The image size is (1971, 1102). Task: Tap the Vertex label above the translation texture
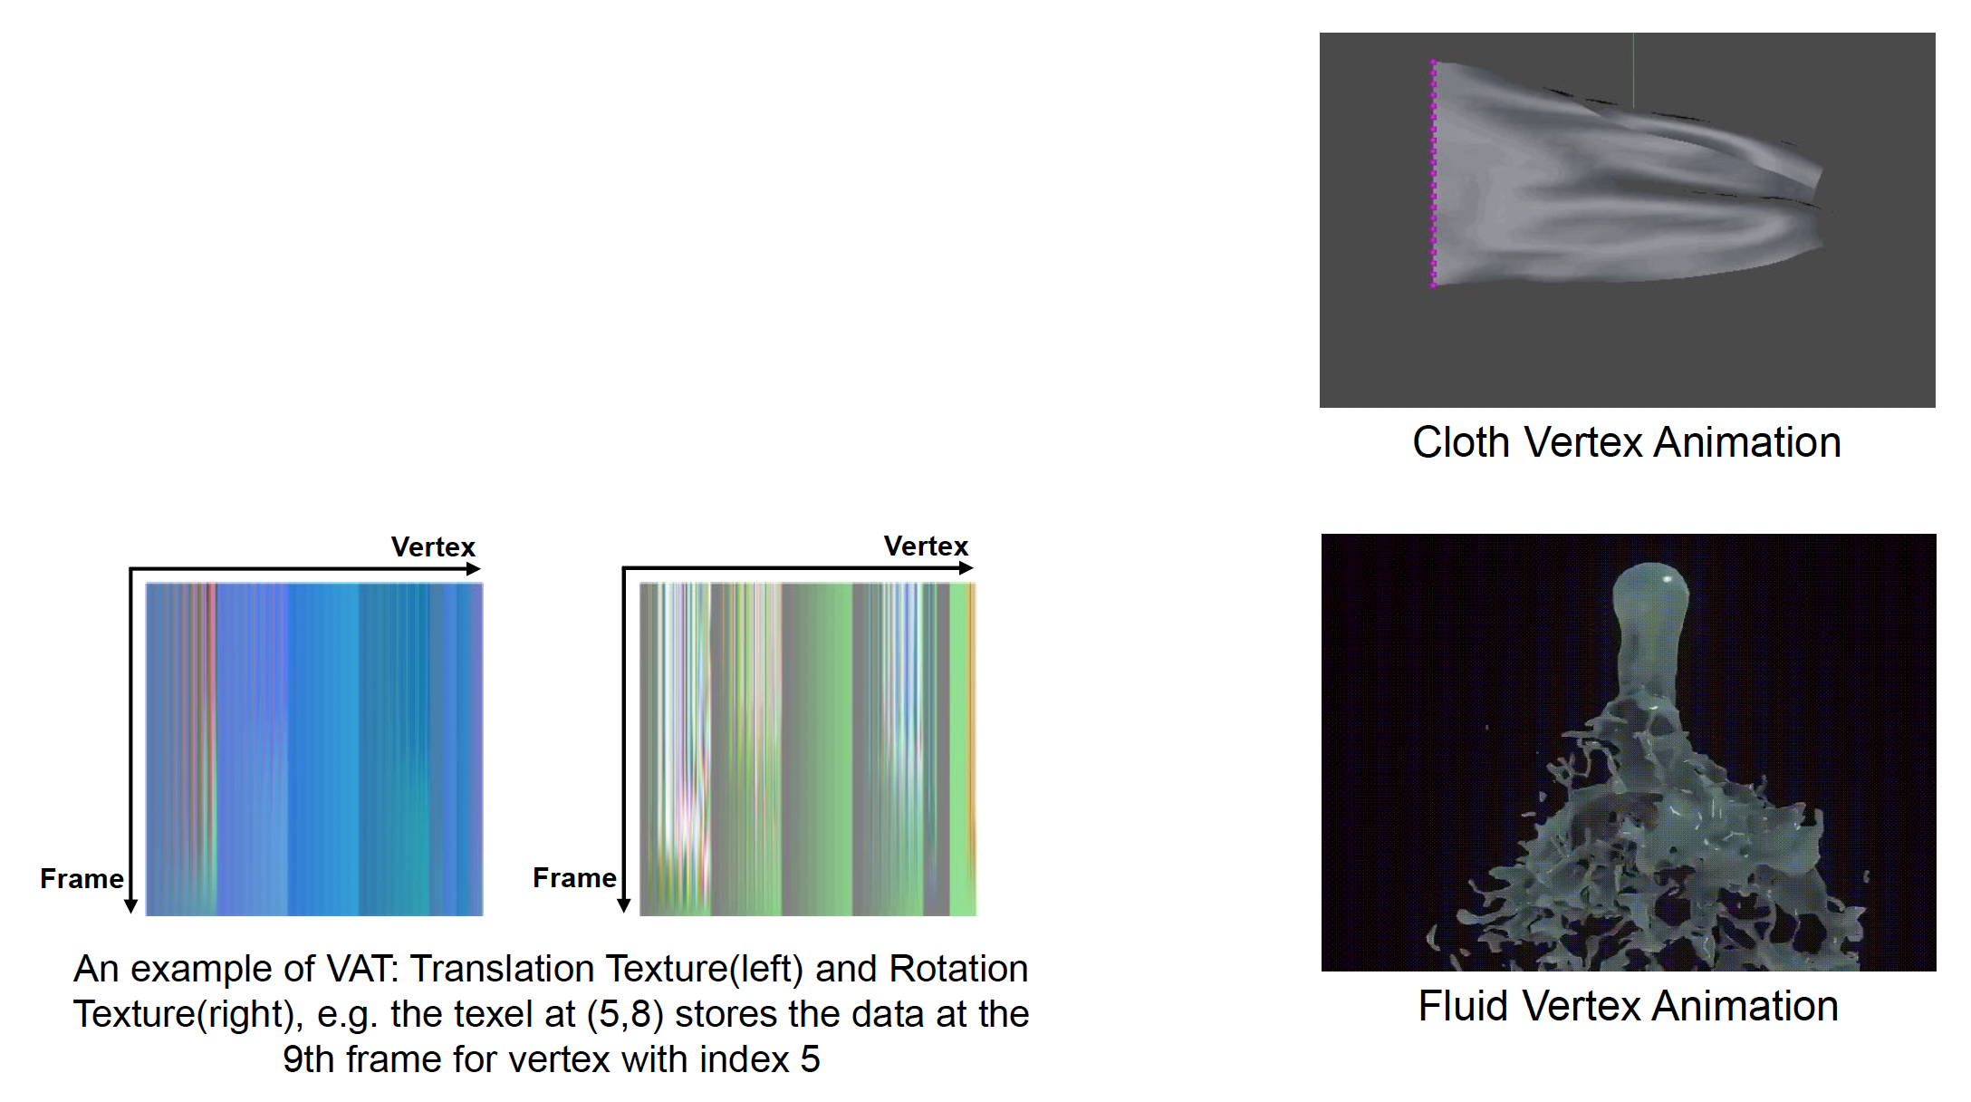[433, 546]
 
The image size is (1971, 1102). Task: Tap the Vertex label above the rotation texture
[926, 546]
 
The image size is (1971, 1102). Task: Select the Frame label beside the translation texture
[82, 878]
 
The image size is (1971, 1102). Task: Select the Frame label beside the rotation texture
[574, 877]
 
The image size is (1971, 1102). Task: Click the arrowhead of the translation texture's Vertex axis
[474, 569]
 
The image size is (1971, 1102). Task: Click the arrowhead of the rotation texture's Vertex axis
[966, 568]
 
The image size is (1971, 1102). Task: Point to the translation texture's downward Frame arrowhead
[131, 906]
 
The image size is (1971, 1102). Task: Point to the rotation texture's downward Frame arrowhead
[624, 905]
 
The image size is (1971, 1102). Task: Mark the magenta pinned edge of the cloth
[1433, 173]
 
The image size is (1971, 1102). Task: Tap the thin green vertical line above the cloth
[1633, 71]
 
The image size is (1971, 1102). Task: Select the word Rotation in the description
[958, 969]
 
